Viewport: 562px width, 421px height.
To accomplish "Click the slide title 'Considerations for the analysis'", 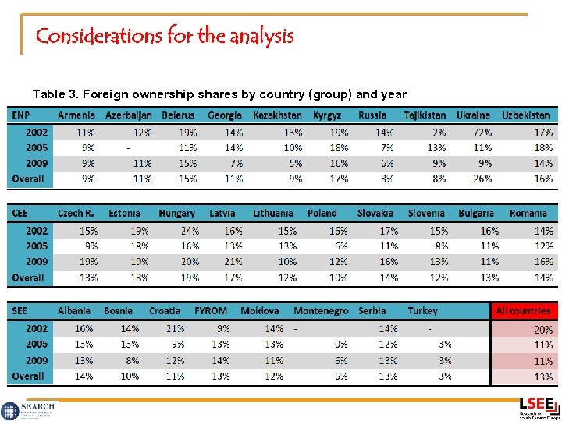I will click(165, 36).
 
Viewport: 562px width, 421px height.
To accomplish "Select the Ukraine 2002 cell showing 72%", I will click(482, 133).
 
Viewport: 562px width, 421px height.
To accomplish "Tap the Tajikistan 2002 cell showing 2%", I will click(438, 133).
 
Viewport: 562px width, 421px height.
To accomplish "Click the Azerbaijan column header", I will click(128, 115).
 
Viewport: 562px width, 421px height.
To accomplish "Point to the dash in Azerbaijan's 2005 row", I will click(128, 147).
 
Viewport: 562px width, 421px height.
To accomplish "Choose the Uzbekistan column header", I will click(525, 115).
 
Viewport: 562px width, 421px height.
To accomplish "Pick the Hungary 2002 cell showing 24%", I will click(190, 231).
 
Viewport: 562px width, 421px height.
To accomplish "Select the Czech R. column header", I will click(76, 214).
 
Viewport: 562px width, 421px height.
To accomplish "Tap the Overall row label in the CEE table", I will click(28, 278).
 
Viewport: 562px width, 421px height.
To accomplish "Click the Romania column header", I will click(528, 214).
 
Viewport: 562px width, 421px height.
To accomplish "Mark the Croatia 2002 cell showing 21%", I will click(175, 329).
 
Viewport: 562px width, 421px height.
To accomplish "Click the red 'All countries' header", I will click(523, 311).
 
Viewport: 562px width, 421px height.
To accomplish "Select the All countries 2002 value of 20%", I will click(543, 330).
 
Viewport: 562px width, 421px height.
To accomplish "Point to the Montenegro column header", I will click(321, 311).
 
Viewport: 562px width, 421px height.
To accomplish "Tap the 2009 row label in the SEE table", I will click(36, 360).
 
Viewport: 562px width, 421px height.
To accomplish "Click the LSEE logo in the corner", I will click(539, 407).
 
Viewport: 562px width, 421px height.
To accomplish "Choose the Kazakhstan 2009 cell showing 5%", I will click(293, 164).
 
